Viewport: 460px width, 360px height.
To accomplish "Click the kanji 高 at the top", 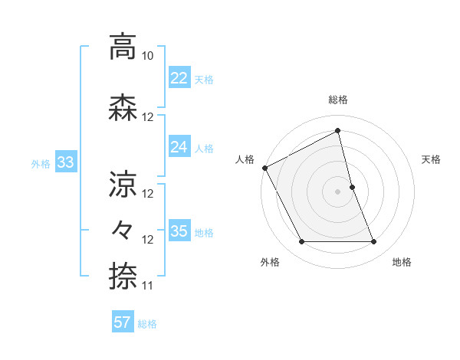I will pos(123,47).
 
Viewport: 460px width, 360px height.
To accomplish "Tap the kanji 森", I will pos(123,108).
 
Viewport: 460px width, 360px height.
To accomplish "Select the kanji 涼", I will pos(123,184).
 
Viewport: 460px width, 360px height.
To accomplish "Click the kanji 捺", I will pos(123,276).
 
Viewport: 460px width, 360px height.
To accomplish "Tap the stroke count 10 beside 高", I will pos(148,57).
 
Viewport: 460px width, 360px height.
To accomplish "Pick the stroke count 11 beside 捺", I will pos(148,286).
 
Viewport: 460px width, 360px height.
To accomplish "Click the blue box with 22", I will pos(179,78).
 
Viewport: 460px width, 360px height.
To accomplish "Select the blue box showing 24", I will pos(179,147).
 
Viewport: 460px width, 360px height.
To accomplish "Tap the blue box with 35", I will pos(179,231).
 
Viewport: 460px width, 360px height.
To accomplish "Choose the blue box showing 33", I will pos(65,162).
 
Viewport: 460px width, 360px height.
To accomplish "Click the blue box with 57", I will pos(123,322).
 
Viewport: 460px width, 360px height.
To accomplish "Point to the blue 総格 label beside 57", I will pos(148,324).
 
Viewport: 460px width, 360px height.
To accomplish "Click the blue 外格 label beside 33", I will pos(41,163).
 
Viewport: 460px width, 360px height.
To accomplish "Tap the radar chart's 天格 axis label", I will pos(432,159).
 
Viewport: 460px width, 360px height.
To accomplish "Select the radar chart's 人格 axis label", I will pos(245,159).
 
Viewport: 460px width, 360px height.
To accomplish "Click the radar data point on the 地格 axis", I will pos(374,242).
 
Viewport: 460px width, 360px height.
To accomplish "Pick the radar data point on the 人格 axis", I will pos(264,168).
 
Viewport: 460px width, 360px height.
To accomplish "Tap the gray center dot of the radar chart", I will pos(338,191).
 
